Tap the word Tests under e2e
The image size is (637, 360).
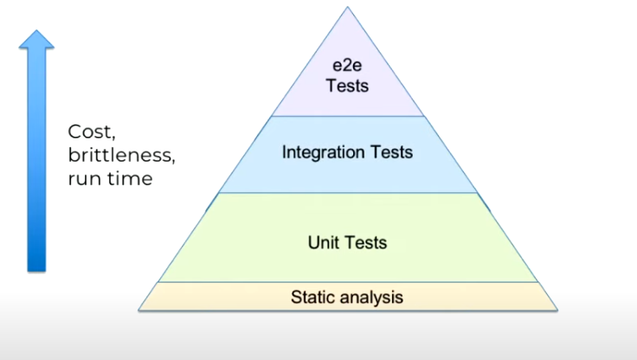[x=347, y=86]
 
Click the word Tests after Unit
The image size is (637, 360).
[x=366, y=242]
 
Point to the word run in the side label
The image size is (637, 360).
[x=82, y=179]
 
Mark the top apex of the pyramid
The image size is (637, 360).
[x=347, y=8]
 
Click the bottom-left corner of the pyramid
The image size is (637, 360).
[x=140, y=309]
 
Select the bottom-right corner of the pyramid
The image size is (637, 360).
[x=557, y=309]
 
